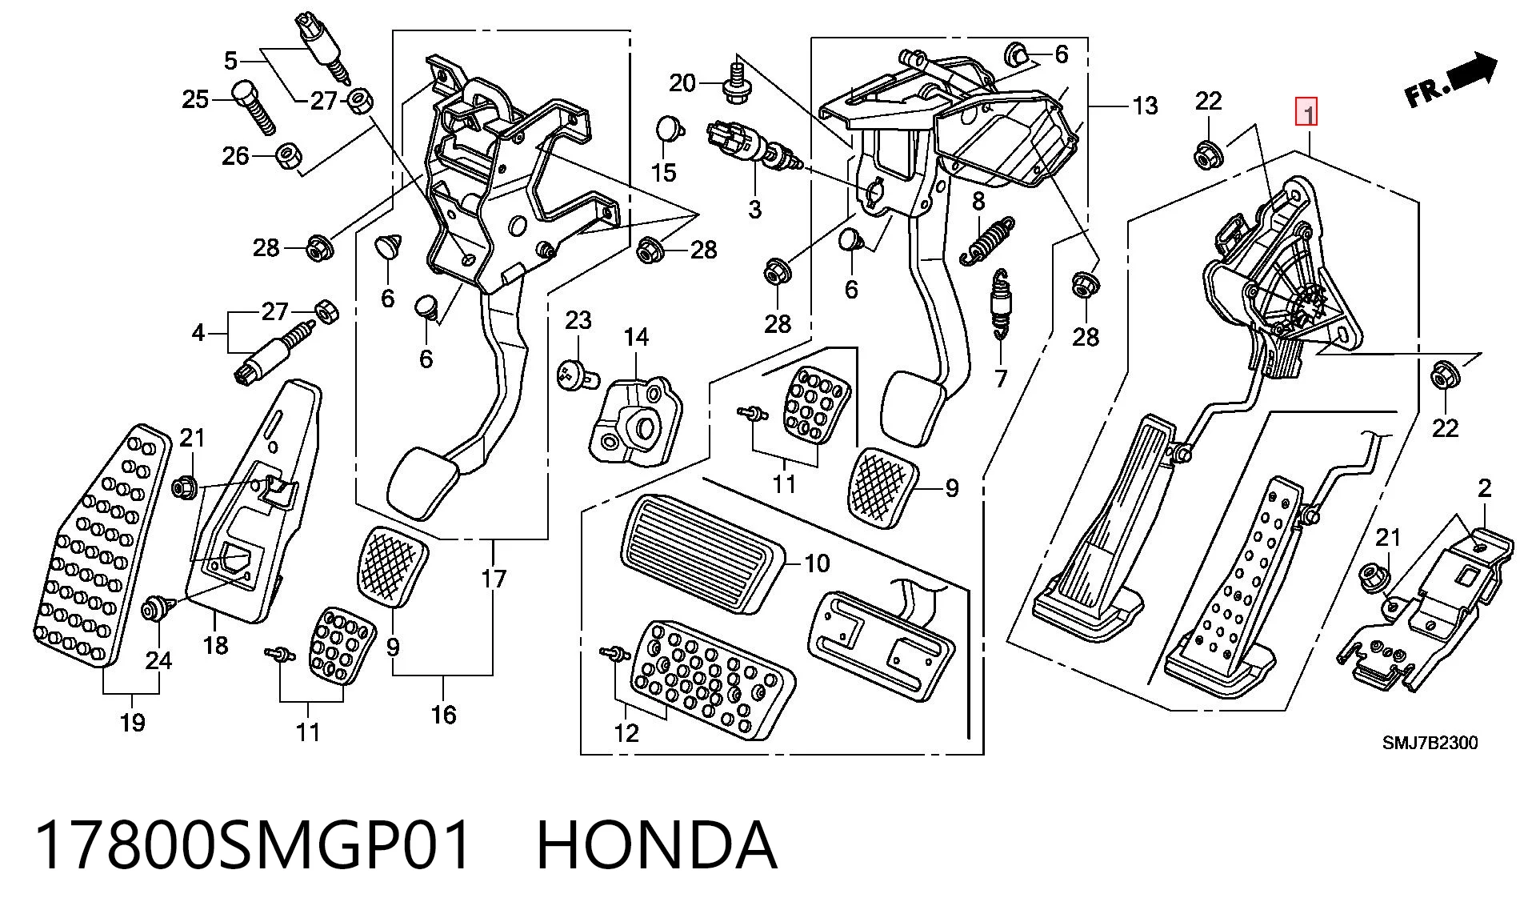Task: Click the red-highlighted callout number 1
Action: (x=1306, y=113)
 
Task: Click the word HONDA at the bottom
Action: (x=656, y=845)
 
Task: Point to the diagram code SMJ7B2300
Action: (x=1430, y=743)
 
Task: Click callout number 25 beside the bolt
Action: (x=195, y=99)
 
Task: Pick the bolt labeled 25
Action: (x=254, y=107)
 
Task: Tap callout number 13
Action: (x=1145, y=106)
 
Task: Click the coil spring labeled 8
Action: (x=986, y=239)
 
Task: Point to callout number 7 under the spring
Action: (x=1000, y=378)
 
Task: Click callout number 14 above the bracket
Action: (x=637, y=337)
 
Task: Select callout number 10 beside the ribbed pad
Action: (x=817, y=563)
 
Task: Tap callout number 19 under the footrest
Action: (x=133, y=723)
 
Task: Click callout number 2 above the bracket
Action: (x=1485, y=488)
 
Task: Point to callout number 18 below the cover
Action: (x=215, y=645)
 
